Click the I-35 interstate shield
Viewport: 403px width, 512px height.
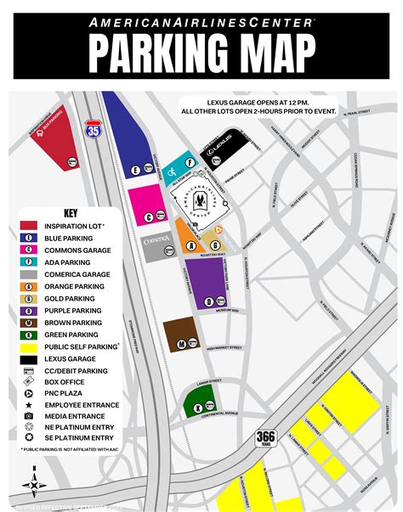pyautogui.click(x=92, y=129)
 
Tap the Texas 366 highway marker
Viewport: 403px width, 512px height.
pyautogui.click(x=265, y=438)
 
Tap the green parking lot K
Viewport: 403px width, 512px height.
pyautogui.click(x=201, y=404)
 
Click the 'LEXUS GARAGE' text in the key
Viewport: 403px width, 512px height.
pyautogui.click(x=73, y=359)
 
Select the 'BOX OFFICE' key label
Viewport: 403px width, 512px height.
pyautogui.click(x=66, y=383)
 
